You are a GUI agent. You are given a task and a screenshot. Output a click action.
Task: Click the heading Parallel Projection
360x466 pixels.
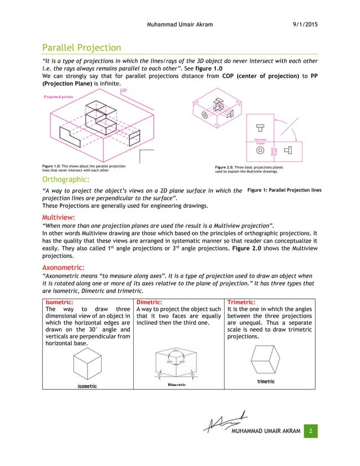(82, 47)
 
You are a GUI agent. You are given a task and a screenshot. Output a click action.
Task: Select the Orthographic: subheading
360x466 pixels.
(65, 179)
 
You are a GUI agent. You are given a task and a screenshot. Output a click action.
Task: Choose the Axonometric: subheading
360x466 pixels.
(64, 267)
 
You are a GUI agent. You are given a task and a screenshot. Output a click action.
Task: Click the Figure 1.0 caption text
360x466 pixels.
(84, 168)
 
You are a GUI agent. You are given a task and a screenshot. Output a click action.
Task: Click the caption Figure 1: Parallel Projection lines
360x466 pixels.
(284, 190)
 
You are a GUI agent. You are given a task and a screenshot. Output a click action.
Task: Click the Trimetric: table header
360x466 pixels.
(241, 302)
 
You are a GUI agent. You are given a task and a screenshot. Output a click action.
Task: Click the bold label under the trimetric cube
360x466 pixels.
(266, 382)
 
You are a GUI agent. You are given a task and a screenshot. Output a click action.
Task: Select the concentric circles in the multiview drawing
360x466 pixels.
(260, 151)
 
